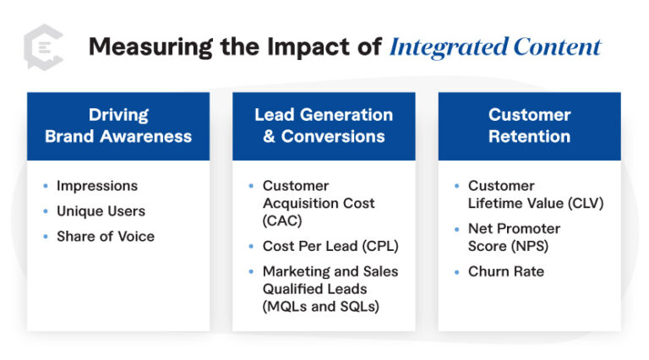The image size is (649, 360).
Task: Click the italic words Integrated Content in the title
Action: (495, 46)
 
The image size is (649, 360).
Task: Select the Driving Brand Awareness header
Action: (118, 126)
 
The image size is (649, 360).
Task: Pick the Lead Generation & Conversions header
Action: (324, 126)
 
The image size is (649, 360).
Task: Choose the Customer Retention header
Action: (529, 126)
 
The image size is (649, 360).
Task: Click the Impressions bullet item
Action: (97, 186)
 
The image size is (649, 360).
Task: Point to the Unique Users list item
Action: (101, 211)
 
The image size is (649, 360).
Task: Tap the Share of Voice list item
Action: (106, 237)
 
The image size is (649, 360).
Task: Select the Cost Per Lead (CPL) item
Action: (330, 246)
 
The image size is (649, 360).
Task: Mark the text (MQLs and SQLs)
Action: (321, 306)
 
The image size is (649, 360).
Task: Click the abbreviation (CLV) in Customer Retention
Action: (586, 203)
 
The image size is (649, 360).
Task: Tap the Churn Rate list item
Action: (506, 271)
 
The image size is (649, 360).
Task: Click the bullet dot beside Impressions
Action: (46, 186)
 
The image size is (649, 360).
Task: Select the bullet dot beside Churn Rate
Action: (457, 271)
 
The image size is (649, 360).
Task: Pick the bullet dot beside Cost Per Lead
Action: (251, 246)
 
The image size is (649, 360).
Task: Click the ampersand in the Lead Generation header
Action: (269, 137)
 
